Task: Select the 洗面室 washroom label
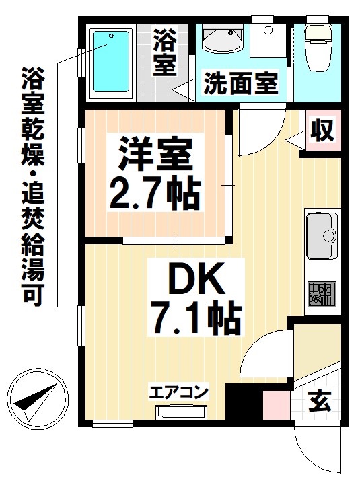(x=240, y=85)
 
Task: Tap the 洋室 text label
(x=156, y=155)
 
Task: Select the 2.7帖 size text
(x=155, y=193)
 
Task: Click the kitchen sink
(x=322, y=235)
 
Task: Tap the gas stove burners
(x=321, y=295)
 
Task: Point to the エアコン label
(x=178, y=392)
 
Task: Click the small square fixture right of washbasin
(x=268, y=30)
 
